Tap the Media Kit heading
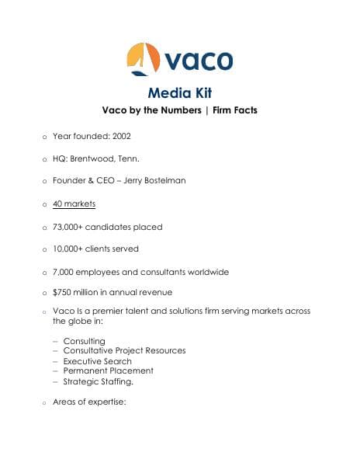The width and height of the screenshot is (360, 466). tap(179, 93)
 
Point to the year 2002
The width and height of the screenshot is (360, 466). tap(120, 136)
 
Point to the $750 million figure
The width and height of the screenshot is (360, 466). tap(78, 292)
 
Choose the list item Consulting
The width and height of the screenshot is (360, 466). tap(84, 341)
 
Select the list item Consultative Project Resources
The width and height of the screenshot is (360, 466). tap(124, 351)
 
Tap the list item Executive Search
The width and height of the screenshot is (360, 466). tap(97, 361)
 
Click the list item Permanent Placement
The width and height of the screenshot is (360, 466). tap(105, 371)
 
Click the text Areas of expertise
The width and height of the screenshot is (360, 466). tap(88, 402)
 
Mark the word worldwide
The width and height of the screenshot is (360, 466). tap(207, 273)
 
